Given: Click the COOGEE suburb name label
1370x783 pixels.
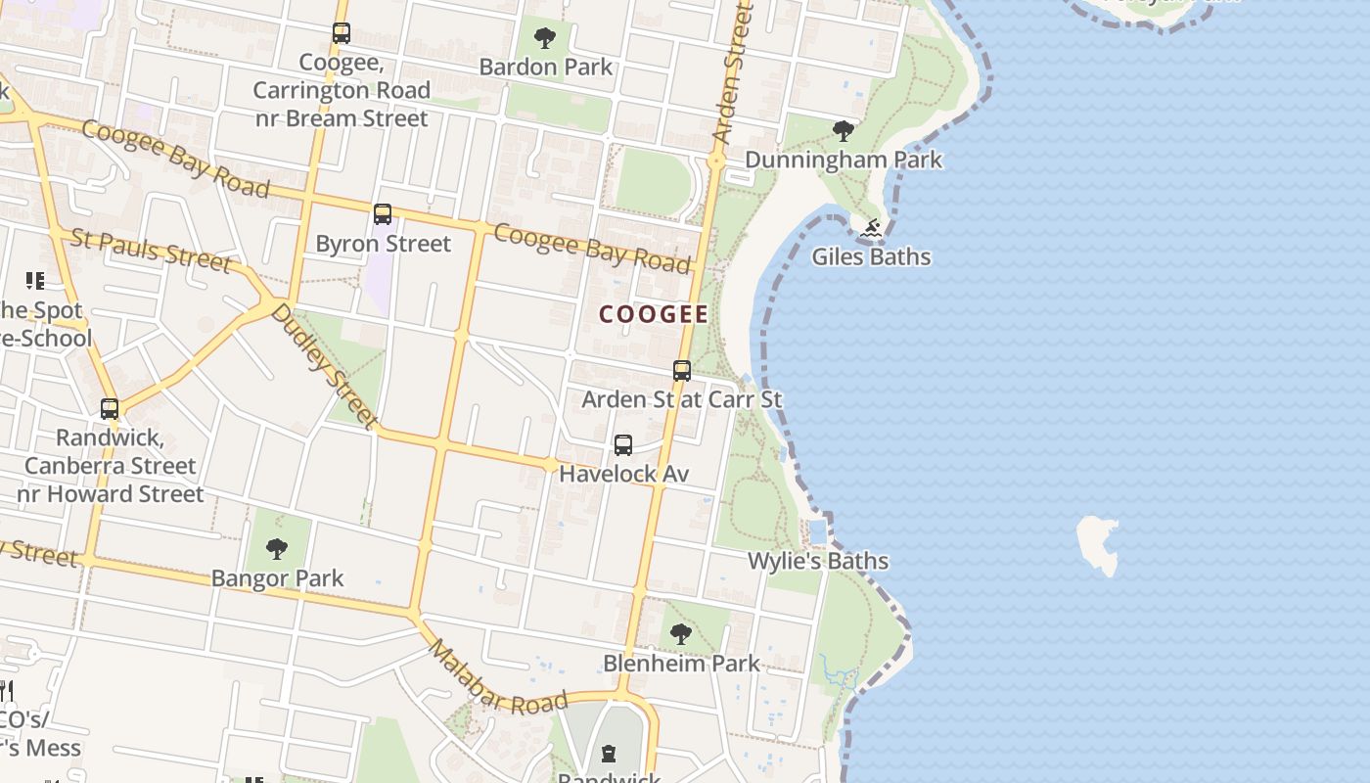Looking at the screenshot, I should (654, 314).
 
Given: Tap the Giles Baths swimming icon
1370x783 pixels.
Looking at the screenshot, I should (872, 229).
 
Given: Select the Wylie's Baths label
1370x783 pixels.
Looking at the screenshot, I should (818, 561).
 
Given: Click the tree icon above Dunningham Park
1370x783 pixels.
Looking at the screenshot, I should (843, 130).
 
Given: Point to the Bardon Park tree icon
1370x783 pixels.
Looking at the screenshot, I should (545, 38).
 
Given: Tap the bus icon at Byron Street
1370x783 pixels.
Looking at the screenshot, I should (383, 214).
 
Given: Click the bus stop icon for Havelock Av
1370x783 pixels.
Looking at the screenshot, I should (623, 445).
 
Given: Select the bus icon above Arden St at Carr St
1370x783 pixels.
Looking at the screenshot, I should (682, 371).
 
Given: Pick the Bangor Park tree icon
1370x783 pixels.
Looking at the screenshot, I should (277, 549).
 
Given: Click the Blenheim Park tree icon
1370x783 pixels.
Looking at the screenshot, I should (680, 634).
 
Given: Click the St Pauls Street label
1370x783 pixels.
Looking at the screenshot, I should (152, 250).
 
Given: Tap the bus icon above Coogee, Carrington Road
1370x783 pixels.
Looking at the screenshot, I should (341, 33).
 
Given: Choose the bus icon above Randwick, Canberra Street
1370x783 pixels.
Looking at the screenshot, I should (110, 409).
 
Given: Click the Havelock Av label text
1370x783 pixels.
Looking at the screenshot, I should (623, 474).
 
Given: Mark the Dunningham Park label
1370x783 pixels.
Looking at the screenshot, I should (844, 160).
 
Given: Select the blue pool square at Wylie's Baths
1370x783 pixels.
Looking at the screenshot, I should (818, 532).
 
